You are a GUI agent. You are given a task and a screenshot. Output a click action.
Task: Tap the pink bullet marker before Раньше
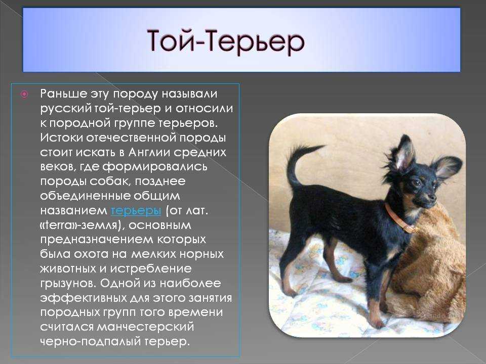[24, 94]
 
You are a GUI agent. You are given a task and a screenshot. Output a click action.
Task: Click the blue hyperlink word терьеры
[136, 210]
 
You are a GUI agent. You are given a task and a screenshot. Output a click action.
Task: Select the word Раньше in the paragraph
[64, 94]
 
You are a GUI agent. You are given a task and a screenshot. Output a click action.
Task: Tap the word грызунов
[68, 284]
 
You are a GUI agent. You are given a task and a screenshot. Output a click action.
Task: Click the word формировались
[155, 167]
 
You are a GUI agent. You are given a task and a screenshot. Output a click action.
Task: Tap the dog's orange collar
[399, 218]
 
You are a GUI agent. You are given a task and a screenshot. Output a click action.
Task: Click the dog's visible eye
[417, 183]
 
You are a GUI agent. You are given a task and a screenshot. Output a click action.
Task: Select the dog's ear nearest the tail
[402, 153]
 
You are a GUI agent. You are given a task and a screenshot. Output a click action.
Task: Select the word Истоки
[61, 138]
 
